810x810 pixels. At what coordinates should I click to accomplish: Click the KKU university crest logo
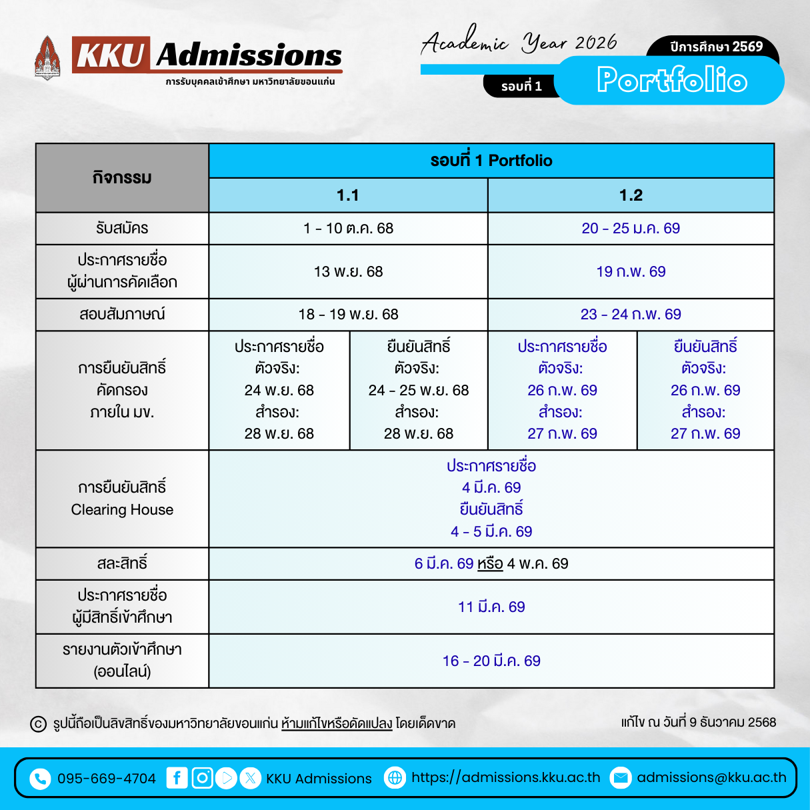tap(47, 58)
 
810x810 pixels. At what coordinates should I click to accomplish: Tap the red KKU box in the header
tap(111, 54)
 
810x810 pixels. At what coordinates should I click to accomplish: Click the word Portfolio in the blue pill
tap(671, 80)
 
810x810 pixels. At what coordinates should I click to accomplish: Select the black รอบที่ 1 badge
tap(521, 86)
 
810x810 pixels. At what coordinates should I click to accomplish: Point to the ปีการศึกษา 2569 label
tap(716, 47)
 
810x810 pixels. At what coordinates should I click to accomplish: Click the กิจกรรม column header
tap(122, 178)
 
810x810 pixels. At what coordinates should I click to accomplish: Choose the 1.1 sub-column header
tap(348, 195)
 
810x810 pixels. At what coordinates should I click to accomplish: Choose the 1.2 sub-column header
tap(631, 195)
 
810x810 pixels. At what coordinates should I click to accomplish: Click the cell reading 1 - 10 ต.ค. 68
tap(348, 229)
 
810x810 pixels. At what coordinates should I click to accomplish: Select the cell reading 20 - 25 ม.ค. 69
tap(631, 229)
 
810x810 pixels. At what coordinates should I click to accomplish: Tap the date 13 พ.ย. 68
tap(348, 271)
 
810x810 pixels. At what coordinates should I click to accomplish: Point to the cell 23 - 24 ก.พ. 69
tap(631, 314)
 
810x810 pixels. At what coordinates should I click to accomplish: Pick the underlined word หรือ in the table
tap(490, 564)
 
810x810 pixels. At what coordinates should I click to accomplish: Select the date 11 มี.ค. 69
tap(491, 607)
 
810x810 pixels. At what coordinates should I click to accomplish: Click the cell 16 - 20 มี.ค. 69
tap(491, 661)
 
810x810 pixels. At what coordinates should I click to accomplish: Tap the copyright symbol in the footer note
tap(39, 724)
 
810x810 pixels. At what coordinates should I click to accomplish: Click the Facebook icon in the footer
tap(177, 778)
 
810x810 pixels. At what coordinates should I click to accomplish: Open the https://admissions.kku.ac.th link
tap(505, 777)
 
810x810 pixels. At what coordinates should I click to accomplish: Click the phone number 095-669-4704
tap(107, 779)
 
